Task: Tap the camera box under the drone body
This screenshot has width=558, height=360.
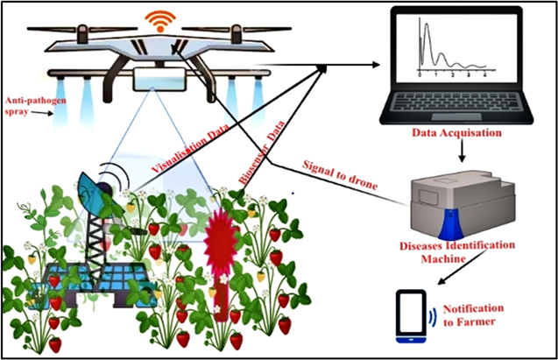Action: point(160,81)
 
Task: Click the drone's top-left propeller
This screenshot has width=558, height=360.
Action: point(70,32)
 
